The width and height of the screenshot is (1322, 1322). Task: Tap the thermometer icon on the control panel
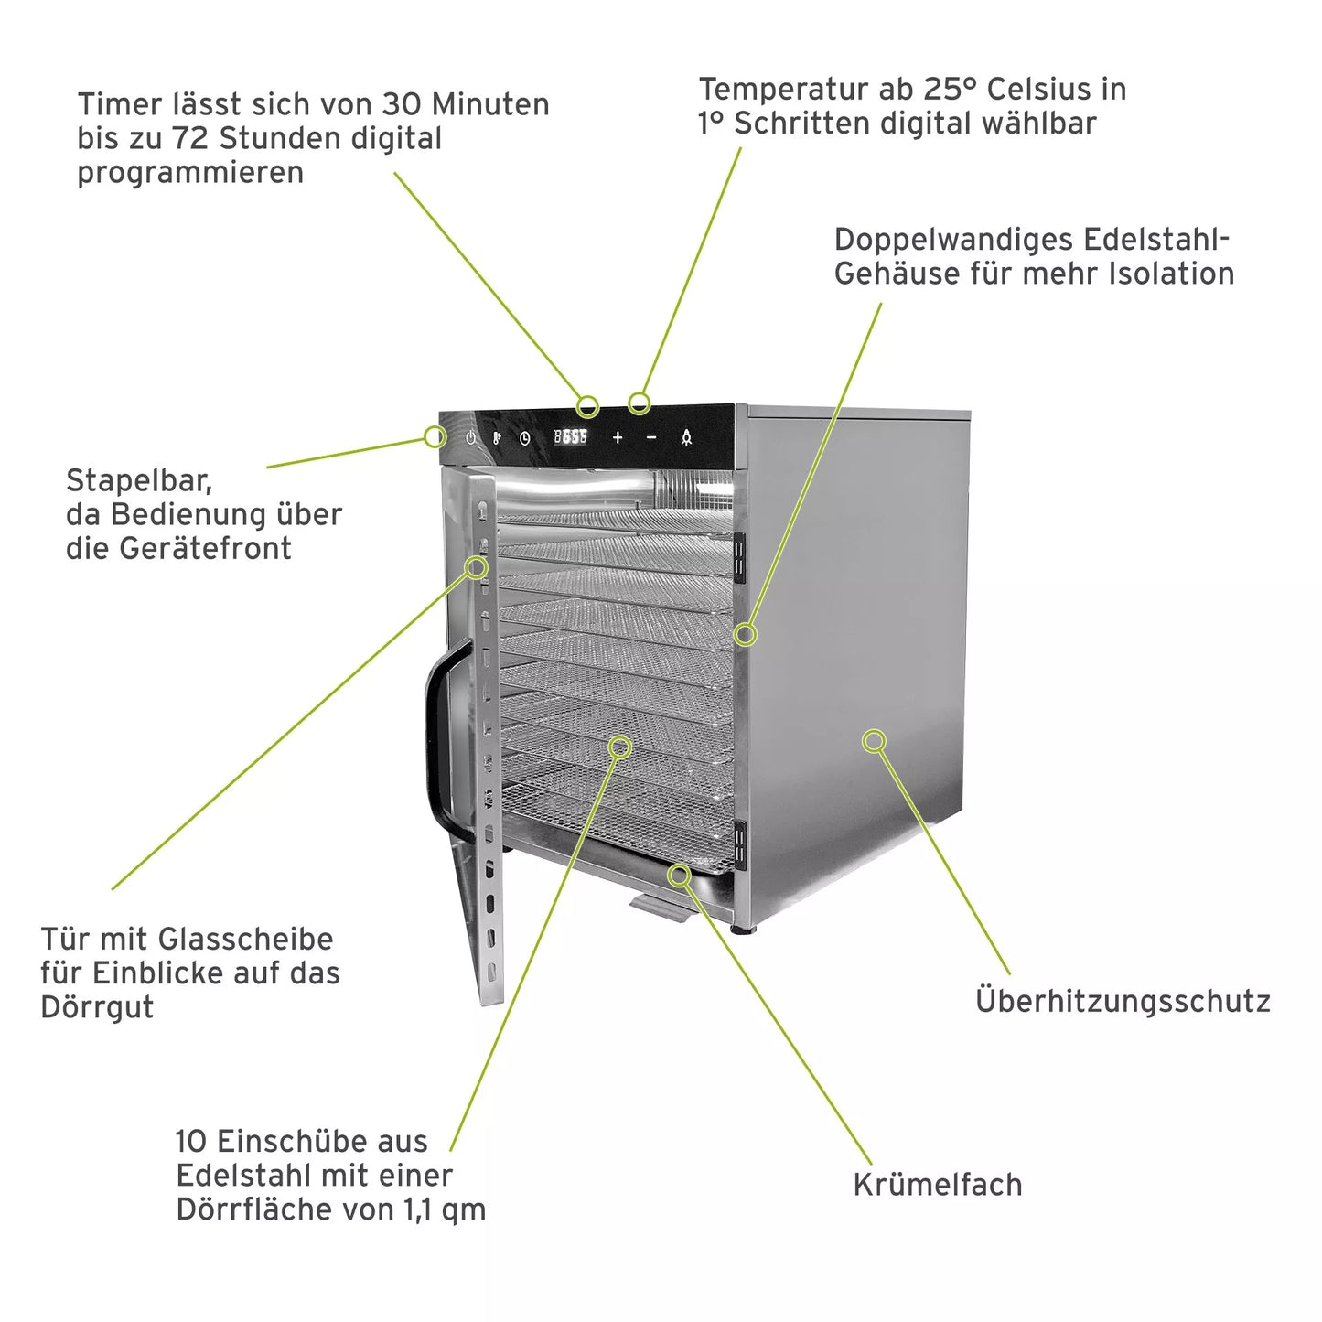pos(497,438)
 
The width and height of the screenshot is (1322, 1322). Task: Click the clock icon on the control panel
pos(525,438)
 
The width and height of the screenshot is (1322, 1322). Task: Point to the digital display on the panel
pos(571,437)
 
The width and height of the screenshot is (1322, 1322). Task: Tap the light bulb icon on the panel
pos(686,438)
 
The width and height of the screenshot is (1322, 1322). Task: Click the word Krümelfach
pos(938,1185)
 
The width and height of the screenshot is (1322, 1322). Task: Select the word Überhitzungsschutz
pos(1123,1001)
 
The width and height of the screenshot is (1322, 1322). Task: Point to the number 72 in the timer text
pos(191,138)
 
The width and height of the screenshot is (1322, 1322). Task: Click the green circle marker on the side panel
pos(875,741)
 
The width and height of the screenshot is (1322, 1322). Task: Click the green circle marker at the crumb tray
pos(679,876)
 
